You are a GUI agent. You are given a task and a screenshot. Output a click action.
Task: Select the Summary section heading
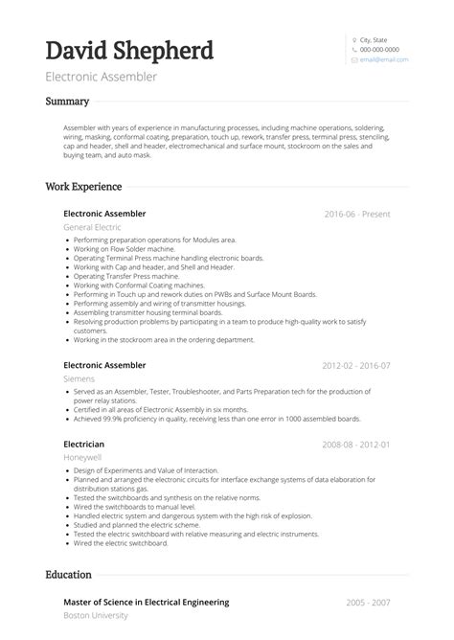tap(67, 102)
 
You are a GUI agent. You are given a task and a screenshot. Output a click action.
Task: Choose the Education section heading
tap(69, 575)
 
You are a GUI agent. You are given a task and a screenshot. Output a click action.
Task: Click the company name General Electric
tap(92, 227)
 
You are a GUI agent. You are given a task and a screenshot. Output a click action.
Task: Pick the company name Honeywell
tap(82, 459)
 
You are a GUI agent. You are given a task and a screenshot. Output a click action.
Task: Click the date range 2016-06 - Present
tap(357, 214)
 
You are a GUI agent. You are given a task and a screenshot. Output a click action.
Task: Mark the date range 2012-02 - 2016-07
tap(356, 365)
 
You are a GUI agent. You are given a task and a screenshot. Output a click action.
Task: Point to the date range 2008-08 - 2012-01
tap(356, 446)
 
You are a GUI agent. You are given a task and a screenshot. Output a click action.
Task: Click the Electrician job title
tap(84, 446)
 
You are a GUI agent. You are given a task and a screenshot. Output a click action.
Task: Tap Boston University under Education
tap(96, 615)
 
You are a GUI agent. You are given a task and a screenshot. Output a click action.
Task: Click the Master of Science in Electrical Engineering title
tap(146, 602)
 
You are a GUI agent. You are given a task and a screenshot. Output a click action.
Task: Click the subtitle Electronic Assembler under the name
tap(102, 77)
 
